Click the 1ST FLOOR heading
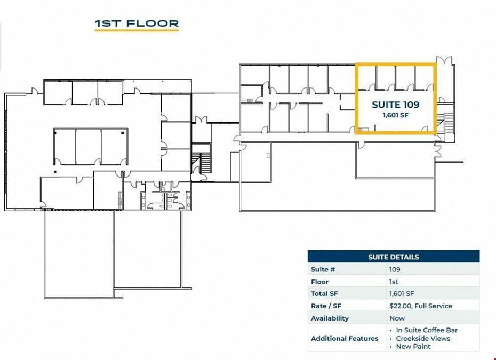pyautogui.click(x=137, y=23)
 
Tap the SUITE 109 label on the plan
pyautogui.click(x=396, y=105)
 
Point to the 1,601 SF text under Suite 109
pyautogui.click(x=396, y=115)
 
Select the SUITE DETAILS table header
pyautogui.click(x=394, y=257)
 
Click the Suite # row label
pyautogui.click(x=323, y=269)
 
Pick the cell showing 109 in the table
pyautogui.click(x=395, y=269)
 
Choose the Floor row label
pyautogui.click(x=319, y=282)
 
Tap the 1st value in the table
pyautogui.click(x=394, y=282)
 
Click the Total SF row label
pyautogui.click(x=324, y=293)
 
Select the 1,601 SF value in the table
pyautogui.click(x=402, y=293)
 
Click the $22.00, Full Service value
pyautogui.click(x=421, y=306)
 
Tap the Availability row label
pyautogui.click(x=330, y=318)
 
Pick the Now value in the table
pyautogui.click(x=397, y=318)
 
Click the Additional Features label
pyautogui.click(x=345, y=339)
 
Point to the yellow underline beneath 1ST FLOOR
pyautogui.click(x=137, y=31)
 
